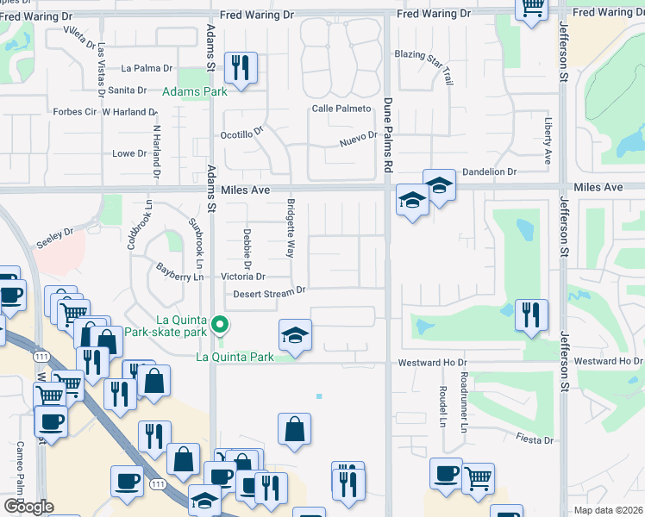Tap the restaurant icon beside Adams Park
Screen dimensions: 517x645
[240, 67]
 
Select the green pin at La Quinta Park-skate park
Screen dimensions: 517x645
[221, 326]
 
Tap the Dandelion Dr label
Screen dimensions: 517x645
[488, 171]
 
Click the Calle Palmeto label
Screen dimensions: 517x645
[341, 109]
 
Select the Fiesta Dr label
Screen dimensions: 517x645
[535, 440]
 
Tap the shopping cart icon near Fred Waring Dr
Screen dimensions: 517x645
[532, 9]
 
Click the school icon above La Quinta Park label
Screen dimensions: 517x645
[295, 334]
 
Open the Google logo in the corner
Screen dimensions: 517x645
[29, 507]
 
